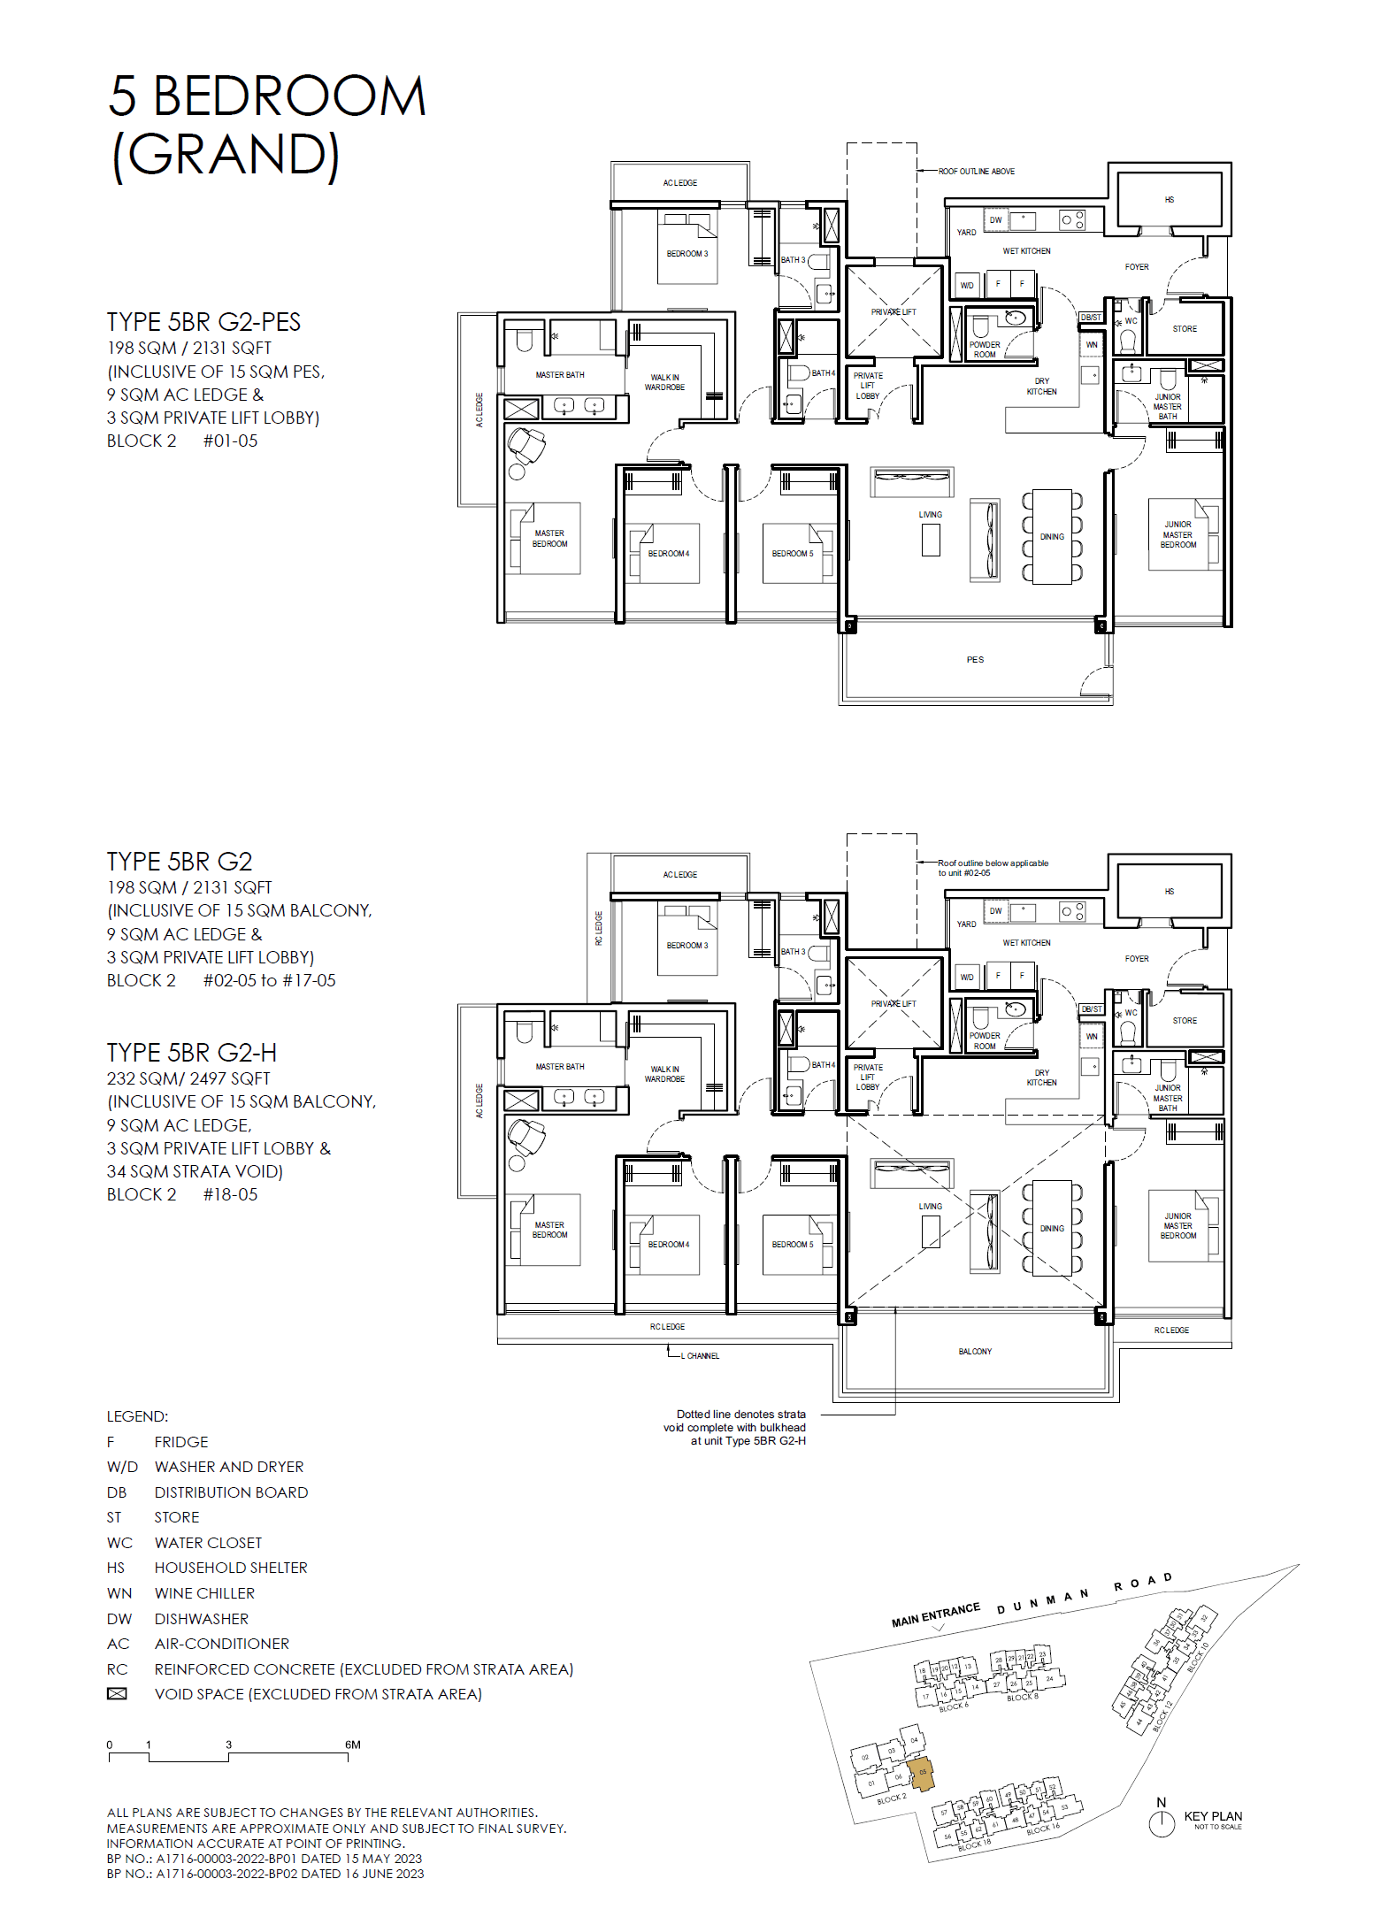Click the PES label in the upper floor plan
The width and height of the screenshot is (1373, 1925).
(975, 660)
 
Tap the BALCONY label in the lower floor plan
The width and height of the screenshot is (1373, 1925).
(975, 1352)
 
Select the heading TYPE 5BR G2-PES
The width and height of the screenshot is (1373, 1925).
(203, 322)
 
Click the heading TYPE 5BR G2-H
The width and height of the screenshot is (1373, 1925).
(192, 1053)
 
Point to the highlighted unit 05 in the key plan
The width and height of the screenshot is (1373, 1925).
(922, 1773)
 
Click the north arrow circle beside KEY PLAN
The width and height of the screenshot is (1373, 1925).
(1161, 1823)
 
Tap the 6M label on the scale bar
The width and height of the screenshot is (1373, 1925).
(352, 1745)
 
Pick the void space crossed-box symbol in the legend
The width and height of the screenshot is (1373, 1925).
(117, 1694)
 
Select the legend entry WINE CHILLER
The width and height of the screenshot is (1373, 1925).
(204, 1593)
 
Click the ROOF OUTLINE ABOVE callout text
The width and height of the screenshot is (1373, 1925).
(977, 172)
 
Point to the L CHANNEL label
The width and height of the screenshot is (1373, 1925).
(700, 1356)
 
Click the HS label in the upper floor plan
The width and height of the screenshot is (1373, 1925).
(1170, 200)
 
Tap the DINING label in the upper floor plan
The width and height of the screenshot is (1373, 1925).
(1052, 537)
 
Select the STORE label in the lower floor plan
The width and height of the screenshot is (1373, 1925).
(1185, 1021)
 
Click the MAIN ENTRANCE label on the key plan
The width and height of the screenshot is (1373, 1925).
(936, 1614)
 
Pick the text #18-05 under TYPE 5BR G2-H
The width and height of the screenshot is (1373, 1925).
(230, 1194)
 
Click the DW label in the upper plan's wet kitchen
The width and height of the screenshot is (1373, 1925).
(995, 220)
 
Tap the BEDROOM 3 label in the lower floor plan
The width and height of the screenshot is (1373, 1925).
(687, 946)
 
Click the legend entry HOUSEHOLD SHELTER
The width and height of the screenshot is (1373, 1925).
(231, 1568)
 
